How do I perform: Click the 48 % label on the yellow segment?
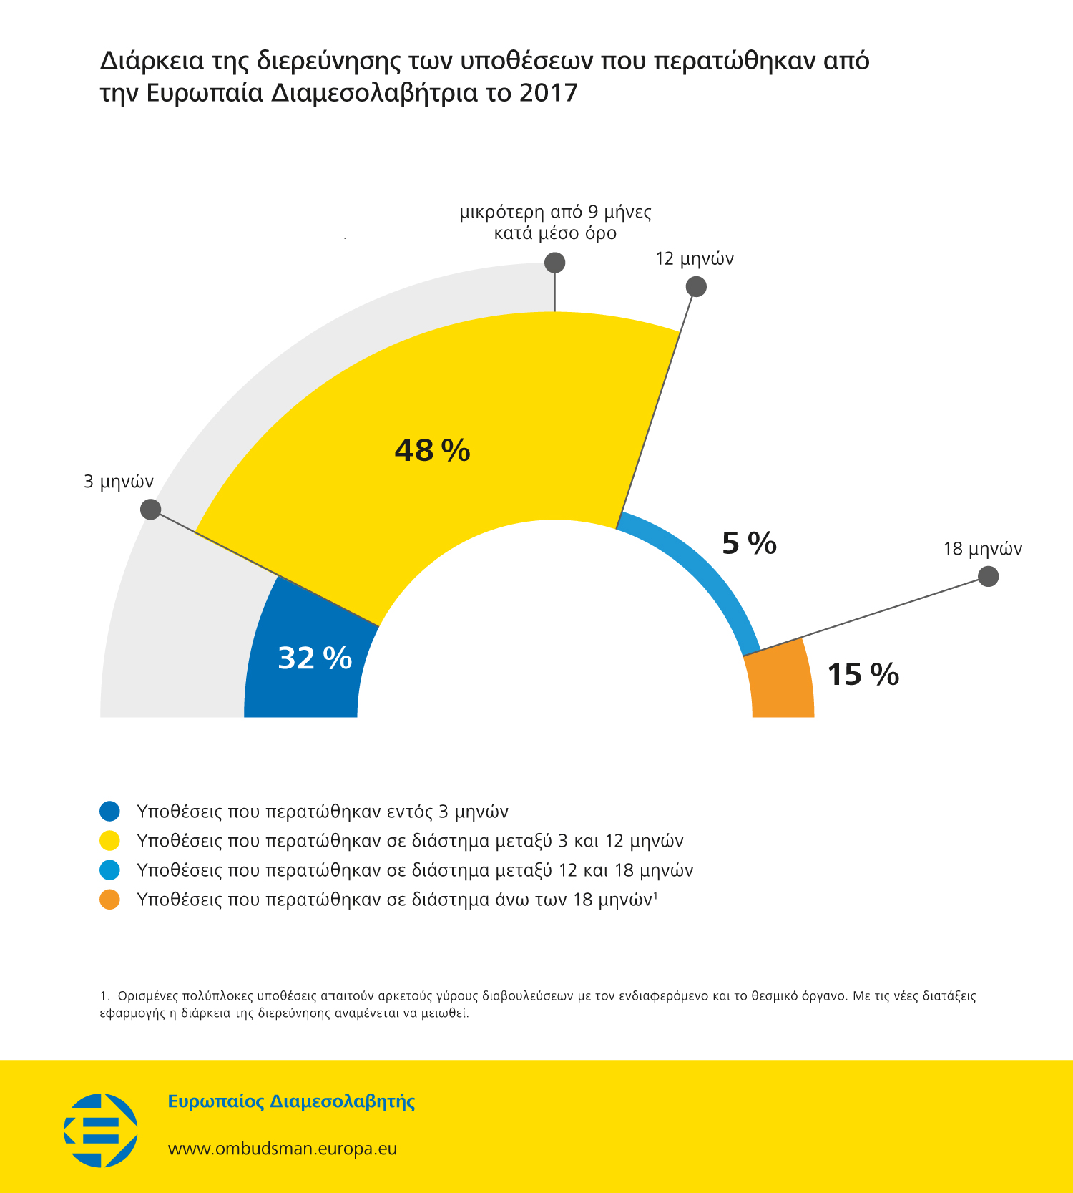point(432,451)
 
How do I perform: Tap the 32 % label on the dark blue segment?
point(315,658)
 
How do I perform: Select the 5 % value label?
point(749,544)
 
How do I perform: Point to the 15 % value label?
point(863,675)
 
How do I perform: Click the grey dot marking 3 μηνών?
point(150,510)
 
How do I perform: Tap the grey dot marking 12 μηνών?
point(696,287)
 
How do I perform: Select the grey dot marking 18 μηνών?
point(988,576)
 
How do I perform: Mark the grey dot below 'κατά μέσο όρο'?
point(554,263)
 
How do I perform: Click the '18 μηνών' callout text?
point(983,549)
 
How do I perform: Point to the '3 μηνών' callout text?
point(119,482)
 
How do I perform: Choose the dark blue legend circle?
point(110,811)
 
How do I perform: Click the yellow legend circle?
point(110,840)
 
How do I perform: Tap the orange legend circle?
point(110,900)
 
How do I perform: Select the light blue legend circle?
point(110,870)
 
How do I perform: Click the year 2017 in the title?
point(549,93)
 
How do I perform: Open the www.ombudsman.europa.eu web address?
point(283,1149)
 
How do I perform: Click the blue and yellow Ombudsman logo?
point(101,1130)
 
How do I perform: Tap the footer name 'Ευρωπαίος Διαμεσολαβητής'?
point(291,1101)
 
